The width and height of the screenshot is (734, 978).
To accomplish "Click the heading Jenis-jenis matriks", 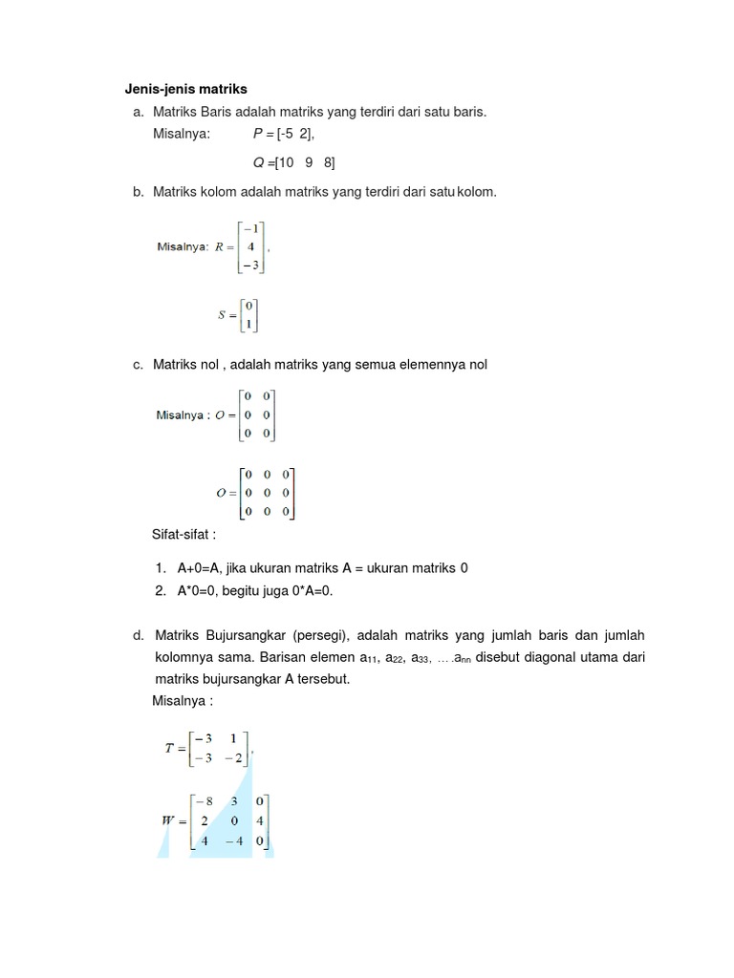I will pyautogui.click(x=185, y=90).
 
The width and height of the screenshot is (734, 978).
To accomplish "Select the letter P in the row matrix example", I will pyautogui.click(x=258, y=134).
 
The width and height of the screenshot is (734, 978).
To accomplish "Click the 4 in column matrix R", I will pyautogui.click(x=250, y=246).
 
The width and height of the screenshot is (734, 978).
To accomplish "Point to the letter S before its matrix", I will pyautogui.click(x=224, y=315).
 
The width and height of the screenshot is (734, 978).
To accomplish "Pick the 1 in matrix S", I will pyautogui.click(x=248, y=325).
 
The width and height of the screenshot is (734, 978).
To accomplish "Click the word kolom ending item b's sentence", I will pyautogui.click(x=477, y=192).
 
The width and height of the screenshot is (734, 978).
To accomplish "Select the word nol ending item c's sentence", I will pyautogui.click(x=478, y=365).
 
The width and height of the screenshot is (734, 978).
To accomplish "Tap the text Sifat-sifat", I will pyautogui.click(x=184, y=533).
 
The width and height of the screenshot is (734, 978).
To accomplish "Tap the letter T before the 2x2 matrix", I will pyautogui.click(x=169, y=749).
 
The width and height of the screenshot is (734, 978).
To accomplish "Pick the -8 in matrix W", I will pyautogui.click(x=202, y=801).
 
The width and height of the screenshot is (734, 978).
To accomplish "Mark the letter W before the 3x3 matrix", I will pyautogui.click(x=168, y=820).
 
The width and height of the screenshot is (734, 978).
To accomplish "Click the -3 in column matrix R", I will pyautogui.click(x=250, y=265).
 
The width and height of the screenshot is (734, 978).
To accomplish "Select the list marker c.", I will pyautogui.click(x=139, y=365).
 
